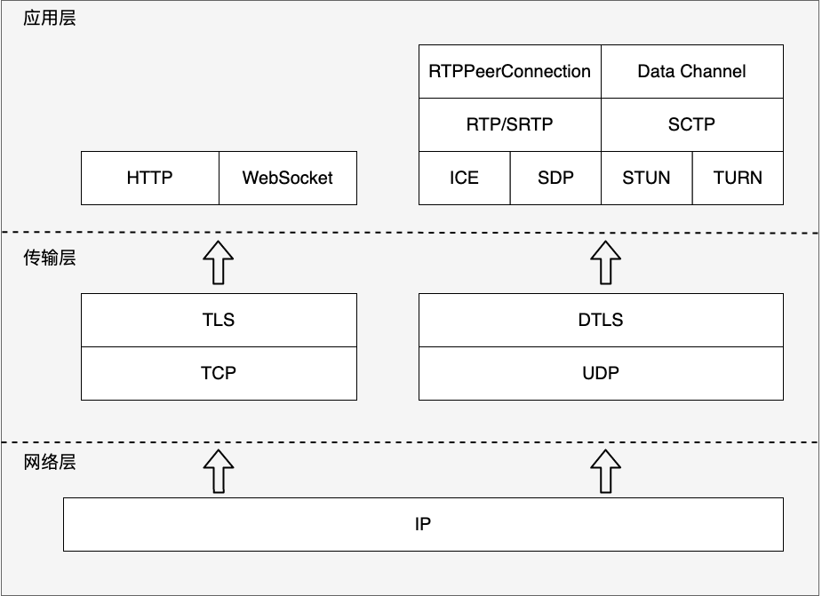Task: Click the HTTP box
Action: pos(150,179)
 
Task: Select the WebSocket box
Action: pos(288,179)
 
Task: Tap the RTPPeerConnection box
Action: pos(509,71)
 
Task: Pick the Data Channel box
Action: pos(692,71)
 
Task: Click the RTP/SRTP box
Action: pos(509,124)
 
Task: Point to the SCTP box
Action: pos(692,124)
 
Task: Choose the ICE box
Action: pos(465,179)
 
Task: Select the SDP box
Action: pos(555,179)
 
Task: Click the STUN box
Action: pos(646,179)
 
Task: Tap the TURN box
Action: pos(738,179)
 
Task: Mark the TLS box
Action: pos(219,321)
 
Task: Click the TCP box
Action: pos(219,374)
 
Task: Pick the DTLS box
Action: pos(602,321)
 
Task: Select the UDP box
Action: pos(602,374)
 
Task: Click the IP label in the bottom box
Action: pos(423,524)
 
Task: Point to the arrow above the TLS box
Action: pos(219,263)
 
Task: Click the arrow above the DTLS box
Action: pos(605,263)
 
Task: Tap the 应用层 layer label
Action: pos(50,19)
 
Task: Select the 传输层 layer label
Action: pos(50,258)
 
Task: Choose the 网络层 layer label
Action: pos(50,463)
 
